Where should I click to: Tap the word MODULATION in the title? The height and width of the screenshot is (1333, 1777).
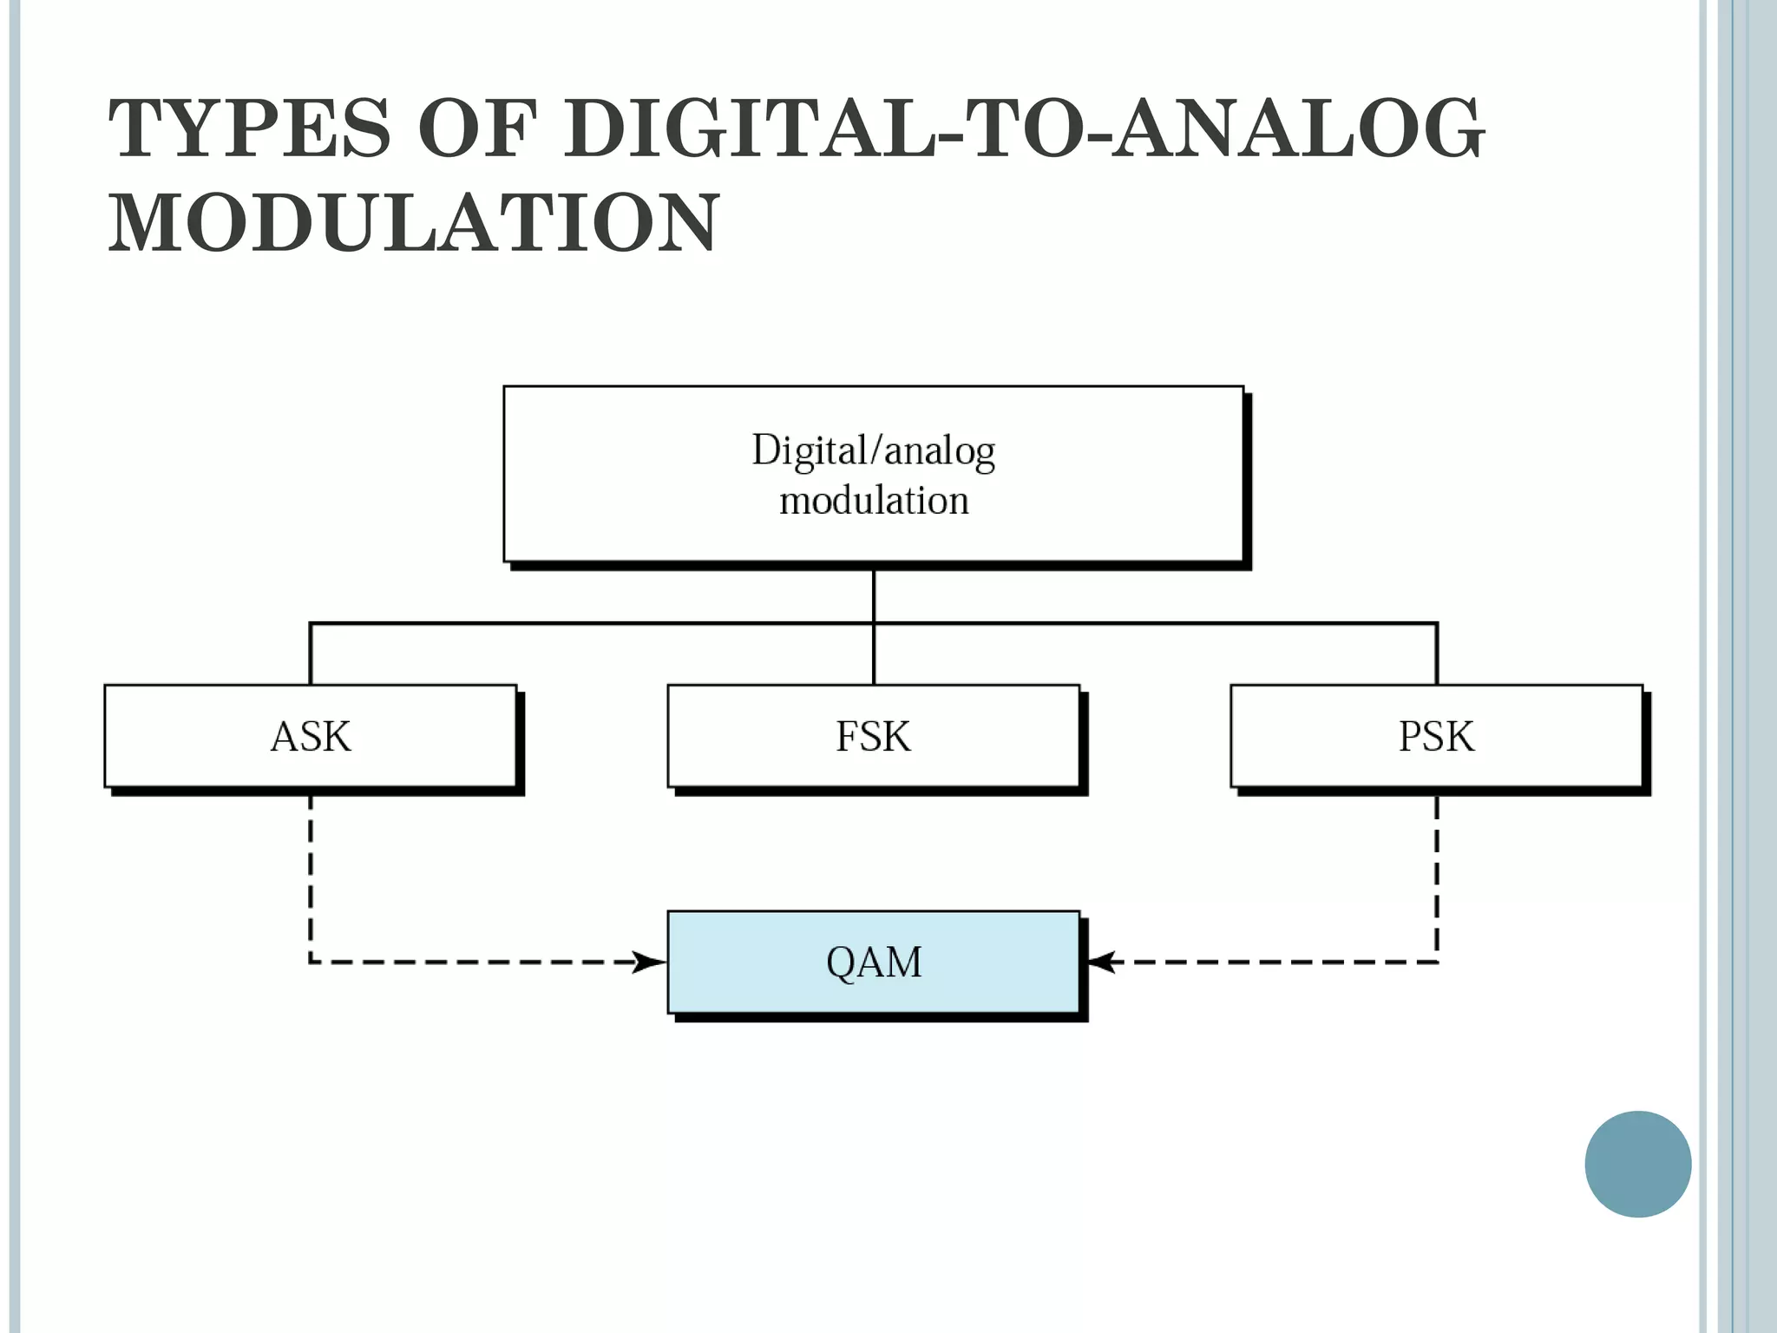(414, 223)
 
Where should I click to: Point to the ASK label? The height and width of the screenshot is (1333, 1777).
(311, 737)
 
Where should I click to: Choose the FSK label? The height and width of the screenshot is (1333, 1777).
(873, 737)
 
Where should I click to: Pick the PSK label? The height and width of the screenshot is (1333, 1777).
(1436, 737)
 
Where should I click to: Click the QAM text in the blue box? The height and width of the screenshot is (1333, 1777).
(874, 962)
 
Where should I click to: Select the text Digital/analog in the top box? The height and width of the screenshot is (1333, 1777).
(873, 451)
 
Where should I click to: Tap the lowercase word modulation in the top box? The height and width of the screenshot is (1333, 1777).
(874, 501)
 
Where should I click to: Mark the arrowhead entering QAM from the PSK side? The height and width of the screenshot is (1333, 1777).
(1100, 962)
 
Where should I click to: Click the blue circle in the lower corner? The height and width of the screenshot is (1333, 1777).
(1637, 1164)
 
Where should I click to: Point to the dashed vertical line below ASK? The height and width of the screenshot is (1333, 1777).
(311, 877)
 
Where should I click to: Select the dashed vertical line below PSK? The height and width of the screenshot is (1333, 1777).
(1437, 877)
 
